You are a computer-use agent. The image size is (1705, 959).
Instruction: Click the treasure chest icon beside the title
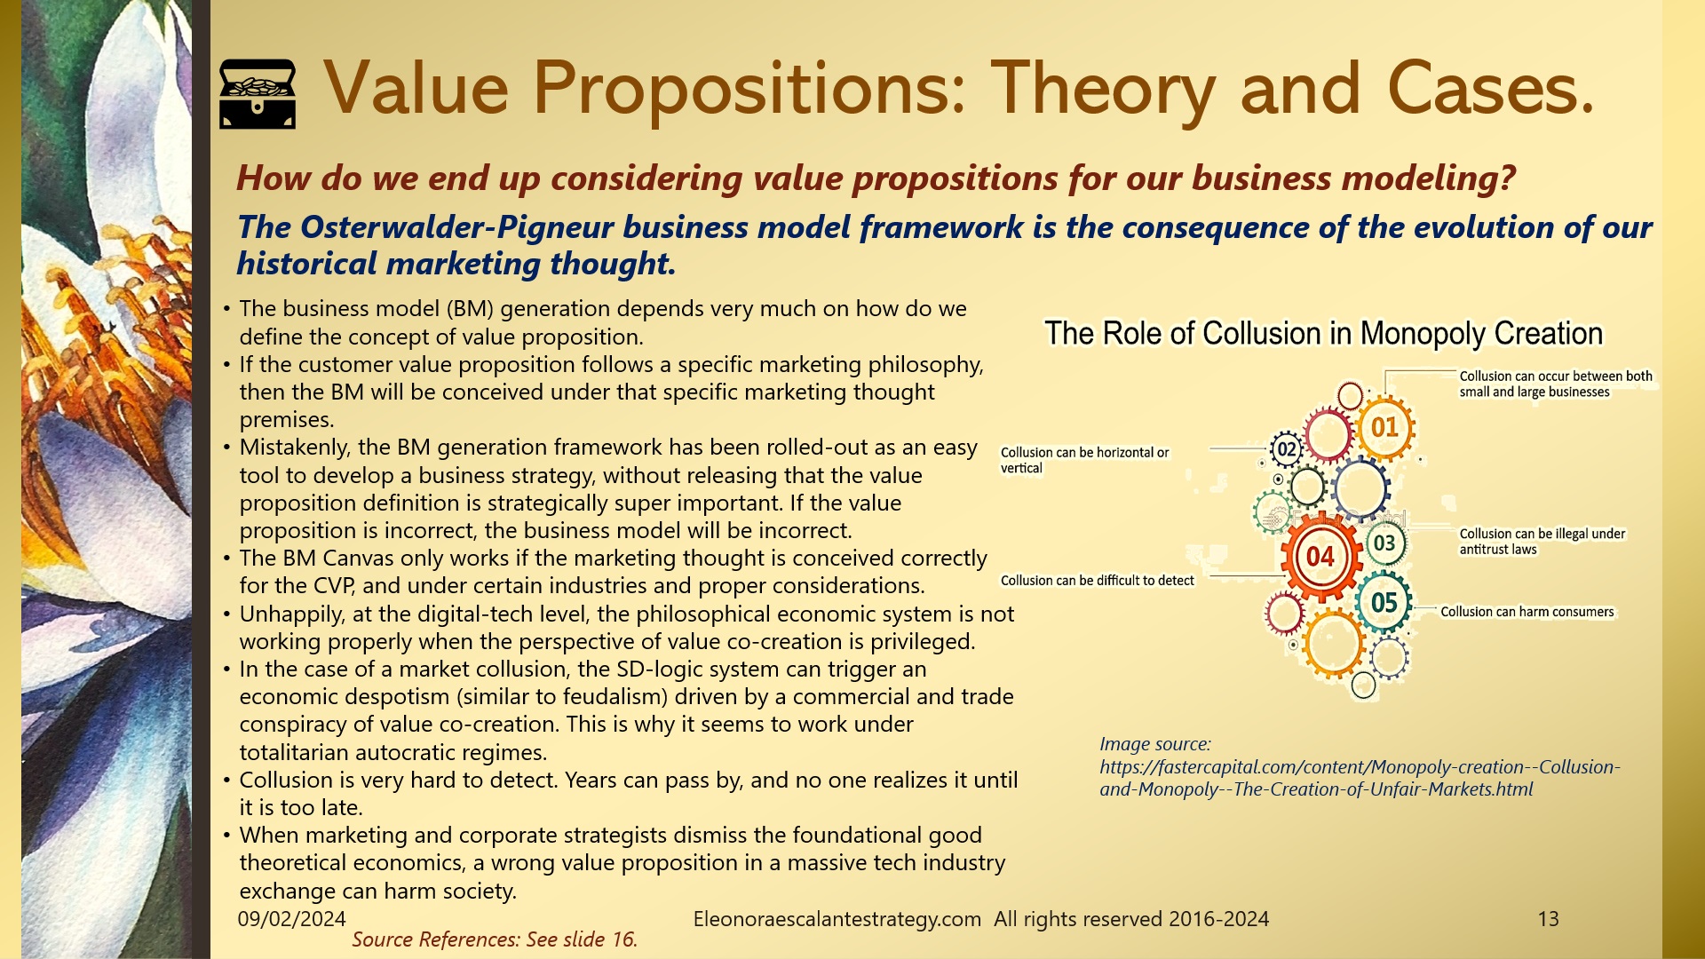tap(258, 93)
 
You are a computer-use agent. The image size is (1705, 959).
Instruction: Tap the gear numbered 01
tap(1384, 428)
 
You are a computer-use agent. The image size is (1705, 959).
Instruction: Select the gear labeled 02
tap(1287, 449)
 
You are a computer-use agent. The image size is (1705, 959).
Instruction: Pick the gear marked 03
tap(1384, 543)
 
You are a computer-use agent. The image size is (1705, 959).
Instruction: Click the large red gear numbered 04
tap(1320, 557)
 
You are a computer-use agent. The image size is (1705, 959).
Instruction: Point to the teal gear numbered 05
tap(1384, 603)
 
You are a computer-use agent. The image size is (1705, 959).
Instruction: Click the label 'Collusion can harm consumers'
tap(1527, 612)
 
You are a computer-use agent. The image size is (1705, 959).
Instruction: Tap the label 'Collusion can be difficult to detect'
tap(1097, 581)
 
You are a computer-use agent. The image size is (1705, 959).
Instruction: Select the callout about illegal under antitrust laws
tap(1542, 542)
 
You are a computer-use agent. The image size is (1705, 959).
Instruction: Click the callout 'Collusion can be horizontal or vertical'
tap(1084, 460)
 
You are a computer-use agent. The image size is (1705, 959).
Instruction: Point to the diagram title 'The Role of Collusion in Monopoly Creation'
tap(1323, 334)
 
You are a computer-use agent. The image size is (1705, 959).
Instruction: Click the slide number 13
tap(1548, 919)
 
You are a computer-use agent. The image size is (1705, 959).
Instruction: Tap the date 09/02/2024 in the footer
tap(291, 919)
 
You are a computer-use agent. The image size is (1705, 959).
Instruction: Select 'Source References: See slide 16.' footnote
tap(495, 939)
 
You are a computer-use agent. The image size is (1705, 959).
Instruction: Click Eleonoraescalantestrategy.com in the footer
tap(837, 919)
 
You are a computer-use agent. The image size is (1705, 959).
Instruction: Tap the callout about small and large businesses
tap(1555, 384)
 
